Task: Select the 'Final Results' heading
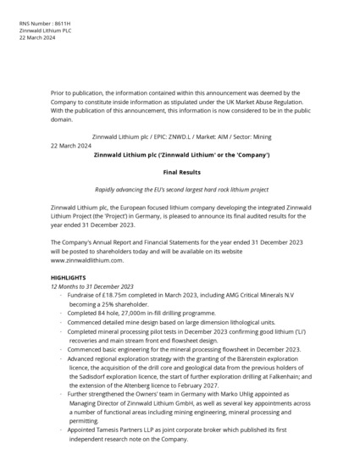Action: click(180, 172)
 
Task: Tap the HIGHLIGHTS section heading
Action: click(69, 277)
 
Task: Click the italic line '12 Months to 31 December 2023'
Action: click(91, 286)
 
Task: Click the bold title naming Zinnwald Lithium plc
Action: click(180, 155)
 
